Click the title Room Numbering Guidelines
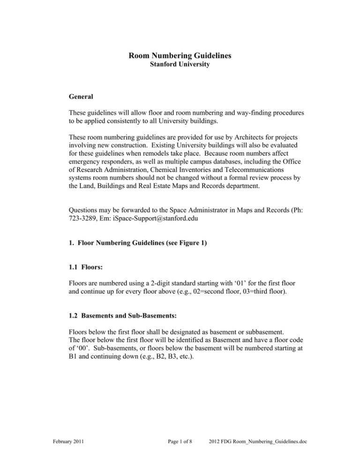pos(180,57)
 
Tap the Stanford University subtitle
pos(180,66)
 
